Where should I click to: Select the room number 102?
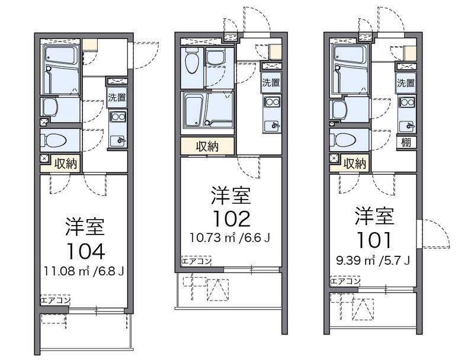[x=231, y=219]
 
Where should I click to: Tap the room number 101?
[x=374, y=240]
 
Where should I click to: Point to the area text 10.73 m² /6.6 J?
[x=230, y=239]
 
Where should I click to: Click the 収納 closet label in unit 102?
[x=207, y=146]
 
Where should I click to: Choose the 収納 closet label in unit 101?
[x=354, y=163]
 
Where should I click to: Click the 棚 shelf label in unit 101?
[x=406, y=142]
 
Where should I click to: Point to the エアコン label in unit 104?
[x=55, y=300]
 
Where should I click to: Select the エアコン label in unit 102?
[x=196, y=260]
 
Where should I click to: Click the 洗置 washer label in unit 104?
[x=116, y=97]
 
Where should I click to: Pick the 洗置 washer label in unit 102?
[x=271, y=83]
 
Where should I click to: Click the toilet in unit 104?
[x=55, y=141]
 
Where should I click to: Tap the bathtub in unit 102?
[x=207, y=110]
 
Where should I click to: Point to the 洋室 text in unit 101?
[x=374, y=216]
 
